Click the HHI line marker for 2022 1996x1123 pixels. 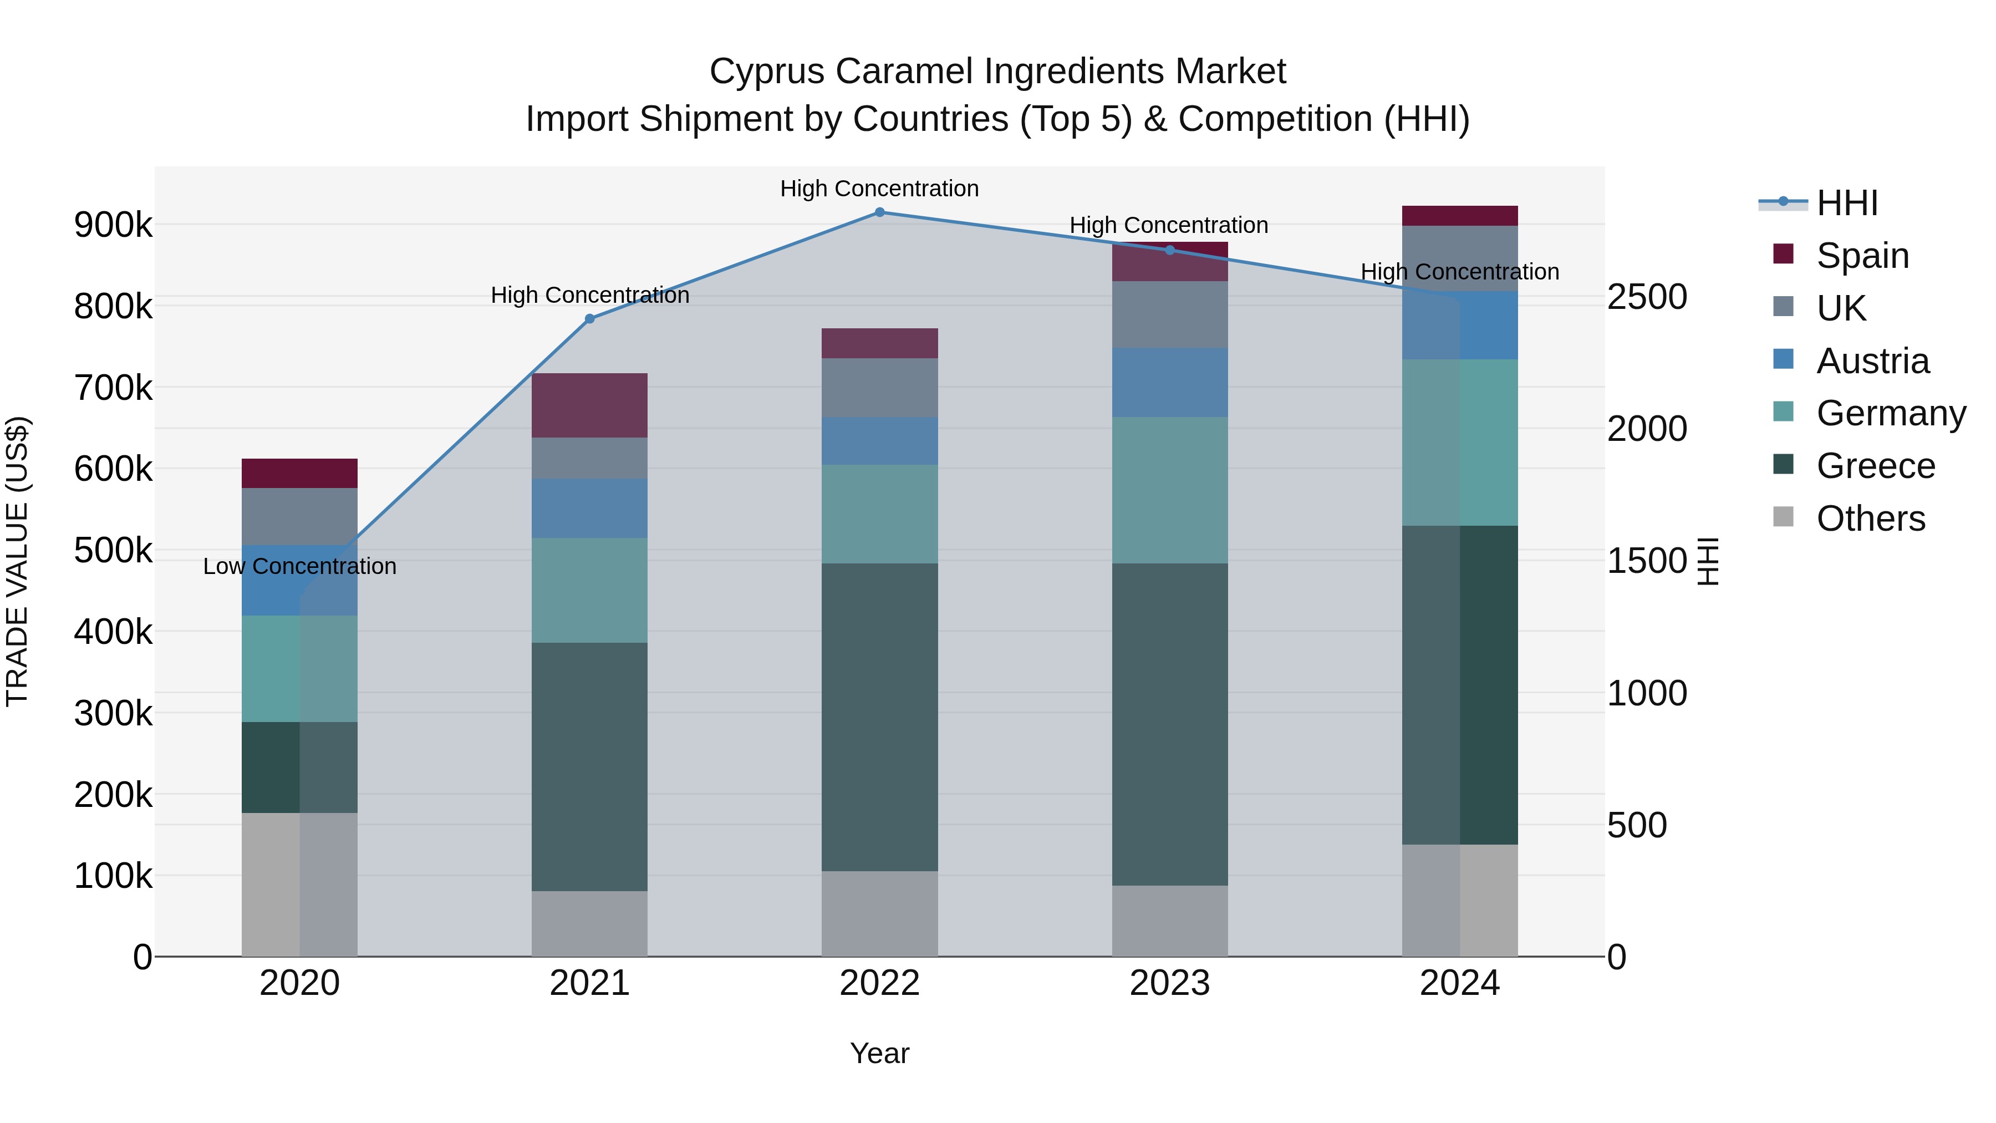[x=879, y=212]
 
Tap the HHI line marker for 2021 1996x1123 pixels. [x=590, y=318]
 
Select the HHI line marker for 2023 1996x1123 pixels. [x=1170, y=250]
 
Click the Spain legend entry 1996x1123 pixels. [x=1862, y=256]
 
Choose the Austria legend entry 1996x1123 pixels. [x=1872, y=361]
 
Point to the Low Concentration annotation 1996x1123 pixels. [x=300, y=567]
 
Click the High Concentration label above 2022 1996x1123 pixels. [x=879, y=189]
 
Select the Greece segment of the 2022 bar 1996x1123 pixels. [x=879, y=717]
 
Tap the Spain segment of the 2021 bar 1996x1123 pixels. [x=590, y=405]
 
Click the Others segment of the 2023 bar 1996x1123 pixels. [x=1170, y=921]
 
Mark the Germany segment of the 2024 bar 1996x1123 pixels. [x=1460, y=443]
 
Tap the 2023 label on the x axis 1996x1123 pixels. [x=1170, y=983]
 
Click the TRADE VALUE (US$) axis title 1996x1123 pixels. [x=18, y=561]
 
